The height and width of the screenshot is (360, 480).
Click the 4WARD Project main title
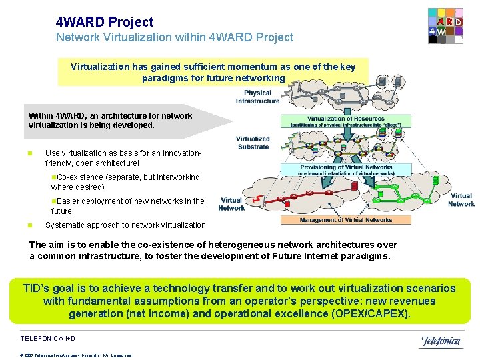tap(105, 22)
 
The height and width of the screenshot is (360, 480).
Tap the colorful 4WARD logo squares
tap(445, 26)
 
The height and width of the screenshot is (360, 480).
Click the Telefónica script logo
tap(440, 341)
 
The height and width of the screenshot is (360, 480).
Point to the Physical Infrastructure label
tap(257, 97)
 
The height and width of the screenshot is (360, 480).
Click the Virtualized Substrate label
tap(253, 143)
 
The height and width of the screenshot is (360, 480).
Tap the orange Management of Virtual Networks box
tap(346, 220)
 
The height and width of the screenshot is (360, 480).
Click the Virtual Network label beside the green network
tap(461, 200)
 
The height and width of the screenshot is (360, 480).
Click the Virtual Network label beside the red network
tap(231, 204)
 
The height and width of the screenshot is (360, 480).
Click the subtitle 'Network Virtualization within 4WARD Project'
tap(174, 37)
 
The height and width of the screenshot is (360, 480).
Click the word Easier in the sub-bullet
tap(70, 201)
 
